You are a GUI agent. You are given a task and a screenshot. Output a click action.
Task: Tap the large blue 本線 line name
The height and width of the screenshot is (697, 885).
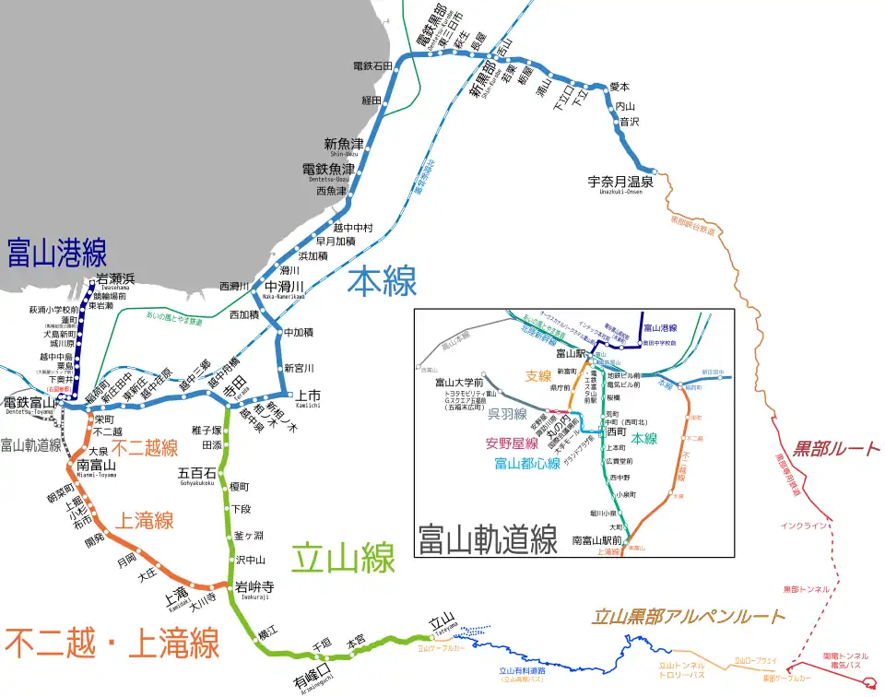[382, 282]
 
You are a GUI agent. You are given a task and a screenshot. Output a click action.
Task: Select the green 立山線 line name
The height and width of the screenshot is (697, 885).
[343, 558]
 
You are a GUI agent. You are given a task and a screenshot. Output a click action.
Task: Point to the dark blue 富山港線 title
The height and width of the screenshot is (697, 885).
[56, 253]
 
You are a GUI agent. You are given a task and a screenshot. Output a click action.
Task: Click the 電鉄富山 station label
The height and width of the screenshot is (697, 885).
[30, 402]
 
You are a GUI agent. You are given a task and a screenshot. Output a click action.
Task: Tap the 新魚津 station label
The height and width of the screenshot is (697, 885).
[343, 144]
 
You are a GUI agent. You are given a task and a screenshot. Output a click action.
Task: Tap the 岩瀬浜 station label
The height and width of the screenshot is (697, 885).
[115, 278]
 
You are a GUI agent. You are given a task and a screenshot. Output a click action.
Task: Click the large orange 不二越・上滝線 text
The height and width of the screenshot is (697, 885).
[111, 642]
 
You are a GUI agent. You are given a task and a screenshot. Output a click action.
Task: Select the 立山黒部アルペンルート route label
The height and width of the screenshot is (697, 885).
[688, 617]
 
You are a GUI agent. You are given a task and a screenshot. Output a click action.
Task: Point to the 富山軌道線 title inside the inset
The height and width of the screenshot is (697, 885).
[487, 538]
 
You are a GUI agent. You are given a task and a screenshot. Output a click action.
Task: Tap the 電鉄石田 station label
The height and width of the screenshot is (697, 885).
[372, 66]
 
